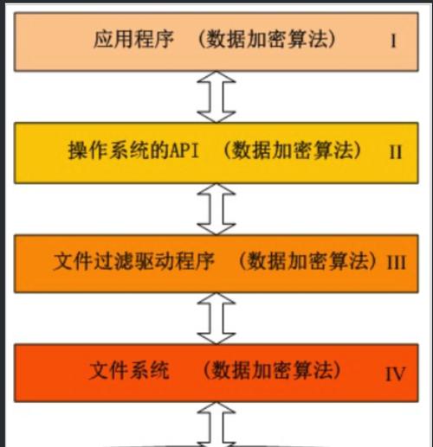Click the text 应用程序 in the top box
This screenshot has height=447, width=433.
point(133,39)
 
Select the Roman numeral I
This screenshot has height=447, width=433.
point(393,41)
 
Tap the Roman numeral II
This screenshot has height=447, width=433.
point(396,151)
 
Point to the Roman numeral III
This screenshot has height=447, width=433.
point(396,263)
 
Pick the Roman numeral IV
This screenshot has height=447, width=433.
point(395,374)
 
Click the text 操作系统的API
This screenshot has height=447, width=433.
point(133,150)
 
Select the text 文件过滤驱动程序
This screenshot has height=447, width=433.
point(134,261)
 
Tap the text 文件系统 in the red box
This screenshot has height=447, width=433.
point(129,370)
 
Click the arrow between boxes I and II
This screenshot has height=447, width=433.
point(216,97)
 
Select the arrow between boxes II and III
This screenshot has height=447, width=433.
point(216,209)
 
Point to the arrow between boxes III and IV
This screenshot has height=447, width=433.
point(216,318)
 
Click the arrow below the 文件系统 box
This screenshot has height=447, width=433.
point(216,425)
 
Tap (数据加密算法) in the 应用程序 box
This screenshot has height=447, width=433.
point(268,39)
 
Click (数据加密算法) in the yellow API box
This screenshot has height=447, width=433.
point(292,150)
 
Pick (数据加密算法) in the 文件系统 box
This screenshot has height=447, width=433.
point(272,370)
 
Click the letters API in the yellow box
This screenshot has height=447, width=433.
point(184,150)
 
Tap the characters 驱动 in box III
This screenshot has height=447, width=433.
point(155,261)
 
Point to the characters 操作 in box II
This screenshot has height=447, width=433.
point(87,150)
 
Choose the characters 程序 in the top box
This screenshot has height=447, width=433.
point(154,39)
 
